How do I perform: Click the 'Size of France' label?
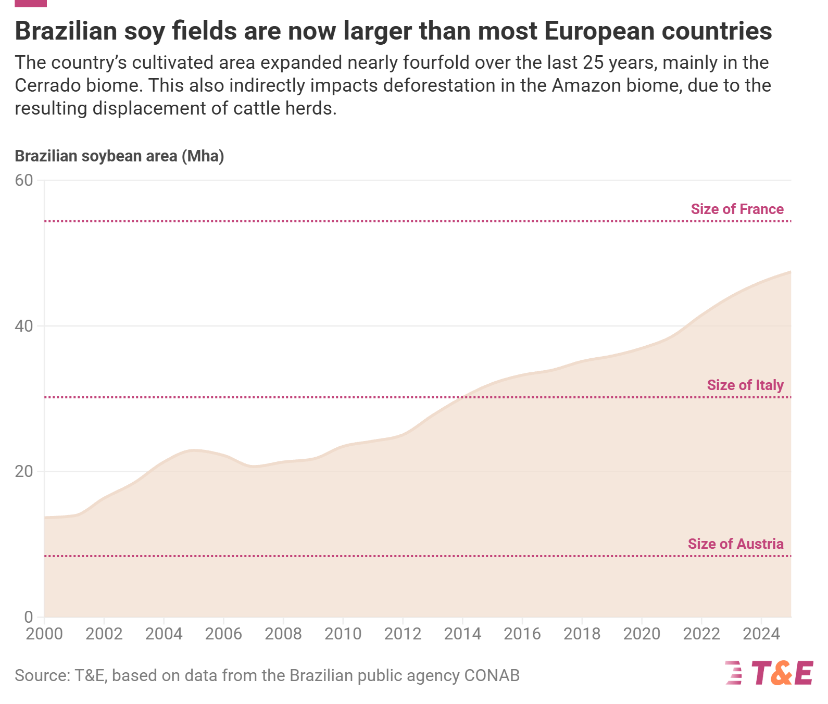tap(737, 209)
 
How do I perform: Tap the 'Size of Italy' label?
tap(745, 385)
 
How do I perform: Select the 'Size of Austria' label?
tap(735, 544)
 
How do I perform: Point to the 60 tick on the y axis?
tap(24, 180)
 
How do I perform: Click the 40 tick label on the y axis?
tap(24, 326)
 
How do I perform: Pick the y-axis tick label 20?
tap(24, 471)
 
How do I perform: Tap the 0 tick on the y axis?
tap(29, 617)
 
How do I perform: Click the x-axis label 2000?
tap(44, 634)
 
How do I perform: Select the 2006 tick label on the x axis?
tap(223, 634)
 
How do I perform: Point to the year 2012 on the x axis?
tap(403, 634)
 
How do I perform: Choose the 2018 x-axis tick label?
tap(582, 634)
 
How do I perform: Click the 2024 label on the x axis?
tap(761, 634)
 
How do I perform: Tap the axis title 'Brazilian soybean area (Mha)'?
tap(119, 156)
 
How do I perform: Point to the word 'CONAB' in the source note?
tap(492, 675)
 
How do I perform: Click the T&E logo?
tap(769, 673)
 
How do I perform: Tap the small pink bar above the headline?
tap(31, 3)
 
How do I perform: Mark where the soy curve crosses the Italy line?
tap(463, 397)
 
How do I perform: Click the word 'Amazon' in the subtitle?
tap(583, 85)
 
